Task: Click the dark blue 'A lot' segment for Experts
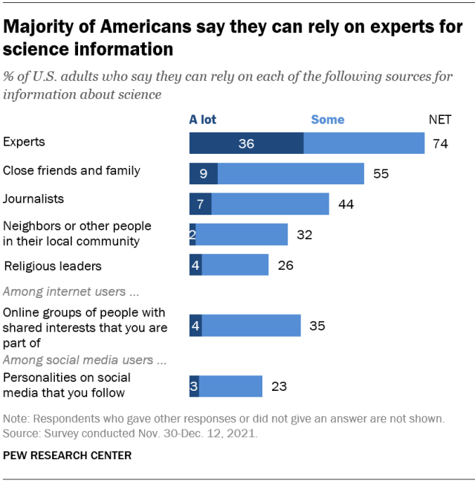coord(246,143)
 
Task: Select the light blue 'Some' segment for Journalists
coord(270,204)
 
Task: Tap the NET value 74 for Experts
coord(440,143)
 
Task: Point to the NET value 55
coord(381,174)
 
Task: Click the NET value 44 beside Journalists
coord(346,204)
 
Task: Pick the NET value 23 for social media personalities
coord(279,386)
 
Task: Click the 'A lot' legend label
coord(202,119)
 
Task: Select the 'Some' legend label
coord(327,119)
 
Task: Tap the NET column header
coord(440,119)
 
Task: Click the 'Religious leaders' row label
coord(53,265)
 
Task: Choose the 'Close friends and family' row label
coord(71,170)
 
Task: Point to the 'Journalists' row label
coord(33,198)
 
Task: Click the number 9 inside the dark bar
coord(203,174)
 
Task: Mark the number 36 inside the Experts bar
coord(246,143)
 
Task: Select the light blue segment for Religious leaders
coord(235,265)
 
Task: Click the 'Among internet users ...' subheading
coord(71,292)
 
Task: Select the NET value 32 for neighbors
coord(304,235)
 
